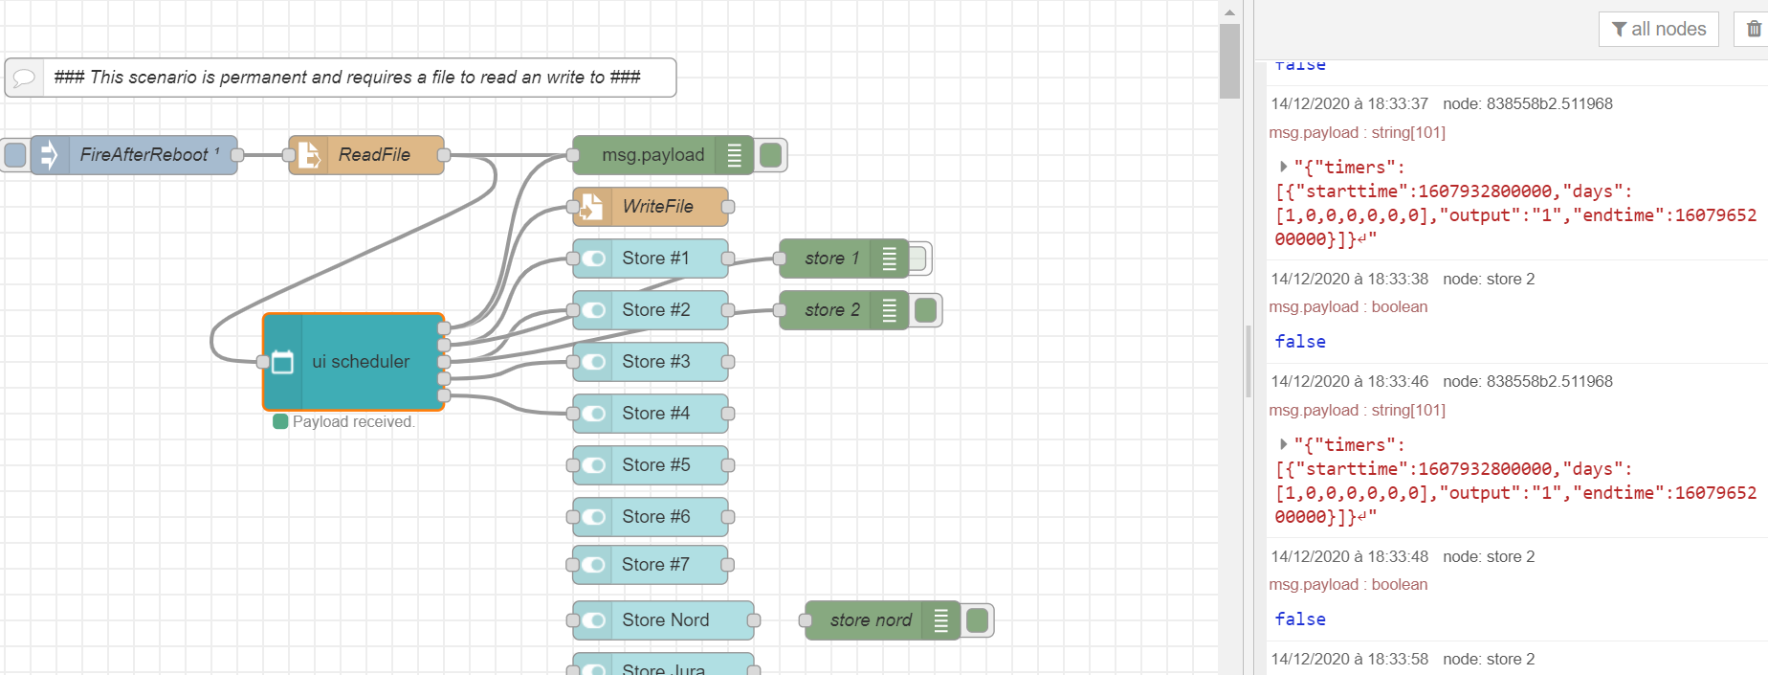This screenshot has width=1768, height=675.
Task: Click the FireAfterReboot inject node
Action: [x=144, y=155]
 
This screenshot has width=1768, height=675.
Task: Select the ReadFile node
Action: [x=373, y=155]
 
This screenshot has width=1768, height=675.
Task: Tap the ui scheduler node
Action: [x=361, y=362]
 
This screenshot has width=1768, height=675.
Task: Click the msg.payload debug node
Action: [x=652, y=155]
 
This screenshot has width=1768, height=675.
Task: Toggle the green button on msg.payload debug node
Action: [x=770, y=155]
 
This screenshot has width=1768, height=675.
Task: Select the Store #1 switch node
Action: [x=655, y=259]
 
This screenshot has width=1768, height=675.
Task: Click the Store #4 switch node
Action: [x=655, y=414]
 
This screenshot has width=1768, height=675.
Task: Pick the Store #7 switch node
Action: [x=655, y=565]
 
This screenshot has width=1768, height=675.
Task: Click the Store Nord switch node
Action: [x=665, y=620]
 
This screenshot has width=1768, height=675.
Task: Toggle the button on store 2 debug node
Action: [x=925, y=310]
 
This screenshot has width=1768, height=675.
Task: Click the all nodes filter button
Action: [x=1658, y=29]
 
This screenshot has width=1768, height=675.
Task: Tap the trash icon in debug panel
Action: [x=1754, y=29]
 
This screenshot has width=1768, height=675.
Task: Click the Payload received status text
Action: [x=352, y=422]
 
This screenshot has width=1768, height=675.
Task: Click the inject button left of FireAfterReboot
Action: [x=15, y=155]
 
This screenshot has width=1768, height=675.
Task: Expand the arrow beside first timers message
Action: [x=1283, y=167]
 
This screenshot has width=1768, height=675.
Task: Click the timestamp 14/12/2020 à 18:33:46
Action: [x=1349, y=381]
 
